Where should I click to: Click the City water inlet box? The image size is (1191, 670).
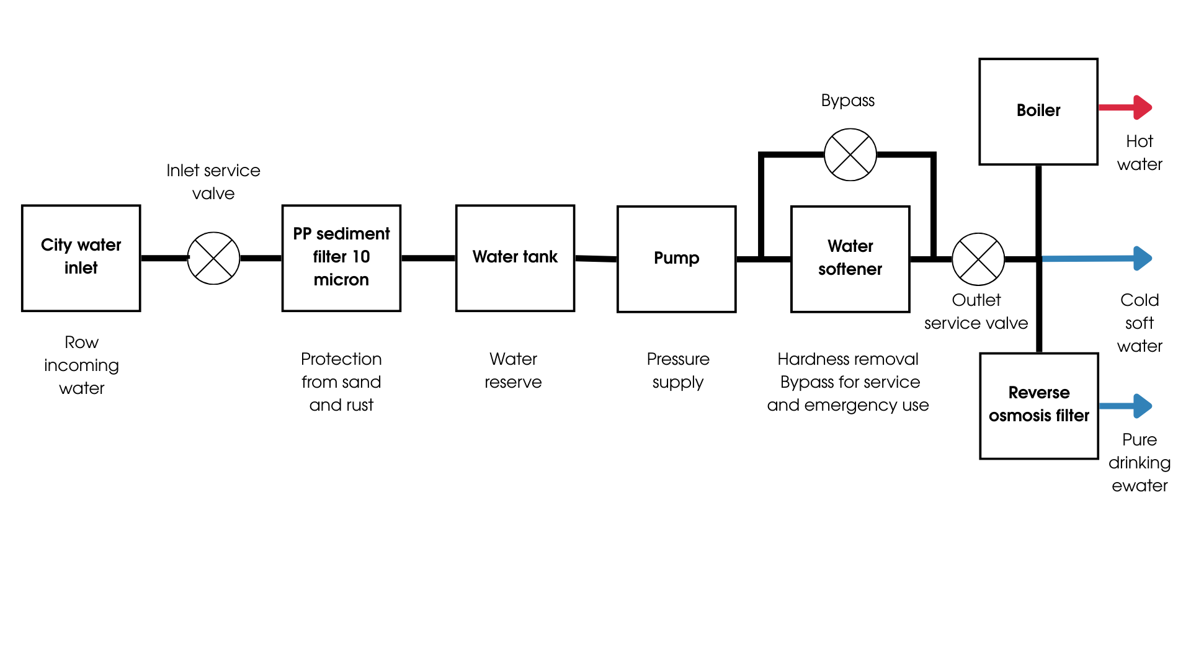81,257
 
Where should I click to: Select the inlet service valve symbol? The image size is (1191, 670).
213,258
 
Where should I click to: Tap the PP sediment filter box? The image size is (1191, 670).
341,257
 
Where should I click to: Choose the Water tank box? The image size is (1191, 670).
515,257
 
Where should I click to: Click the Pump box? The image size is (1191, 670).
676,259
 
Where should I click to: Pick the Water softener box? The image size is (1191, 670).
850,259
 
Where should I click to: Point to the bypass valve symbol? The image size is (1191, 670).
850,154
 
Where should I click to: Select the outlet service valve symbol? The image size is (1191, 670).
978,259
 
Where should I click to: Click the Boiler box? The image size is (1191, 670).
1038,112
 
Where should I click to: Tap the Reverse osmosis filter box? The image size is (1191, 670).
1039,406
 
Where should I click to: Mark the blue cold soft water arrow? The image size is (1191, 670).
1098,258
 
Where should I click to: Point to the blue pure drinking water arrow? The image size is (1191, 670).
1126,406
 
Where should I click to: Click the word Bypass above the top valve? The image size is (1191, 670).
847,100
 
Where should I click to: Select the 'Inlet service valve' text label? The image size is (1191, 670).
213,182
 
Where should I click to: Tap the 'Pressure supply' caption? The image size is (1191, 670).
677,370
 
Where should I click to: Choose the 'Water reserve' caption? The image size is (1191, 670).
513,370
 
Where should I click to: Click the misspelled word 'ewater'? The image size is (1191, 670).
1140,486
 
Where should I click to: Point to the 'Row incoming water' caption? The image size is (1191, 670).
81,365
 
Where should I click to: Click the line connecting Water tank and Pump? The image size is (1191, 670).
595,258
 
